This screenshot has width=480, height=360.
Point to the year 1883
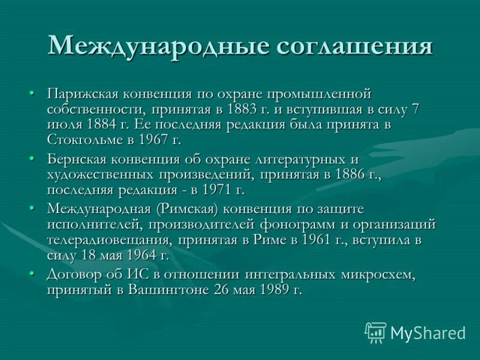click(x=243, y=109)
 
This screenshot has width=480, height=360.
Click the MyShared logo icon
click(x=376, y=332)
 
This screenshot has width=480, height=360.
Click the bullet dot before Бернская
click(x=32, y=159)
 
